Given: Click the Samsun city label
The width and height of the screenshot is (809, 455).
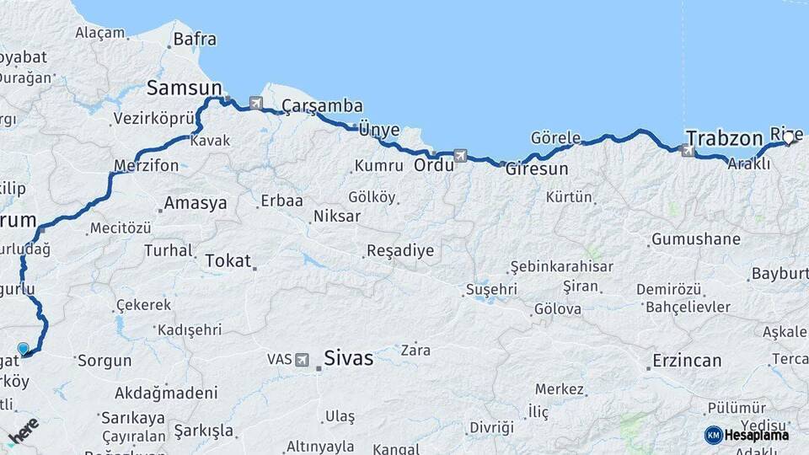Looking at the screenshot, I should click(184, 88).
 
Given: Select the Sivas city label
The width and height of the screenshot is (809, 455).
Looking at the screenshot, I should click(349, 358).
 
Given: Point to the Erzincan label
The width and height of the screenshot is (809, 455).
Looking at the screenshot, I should click(687, 361).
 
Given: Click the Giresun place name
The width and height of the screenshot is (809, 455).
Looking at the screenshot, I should click(537, 169).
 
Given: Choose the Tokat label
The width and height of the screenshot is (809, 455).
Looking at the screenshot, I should click(228, 260).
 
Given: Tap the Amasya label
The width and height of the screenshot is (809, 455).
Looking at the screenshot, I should click(196, 203).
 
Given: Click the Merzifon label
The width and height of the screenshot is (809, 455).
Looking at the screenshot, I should click(147, 165).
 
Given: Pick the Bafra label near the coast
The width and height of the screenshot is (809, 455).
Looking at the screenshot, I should click(195, 39).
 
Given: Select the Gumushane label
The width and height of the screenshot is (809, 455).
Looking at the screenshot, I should click(695, 239).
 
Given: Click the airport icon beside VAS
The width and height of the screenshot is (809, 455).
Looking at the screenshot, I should click(302, 359).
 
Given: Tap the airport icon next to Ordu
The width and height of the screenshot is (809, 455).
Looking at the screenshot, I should click(460, 155).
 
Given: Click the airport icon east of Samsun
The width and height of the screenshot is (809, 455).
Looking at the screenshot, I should click(256, 104).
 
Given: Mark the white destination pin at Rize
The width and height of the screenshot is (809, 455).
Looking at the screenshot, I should click(789, 138).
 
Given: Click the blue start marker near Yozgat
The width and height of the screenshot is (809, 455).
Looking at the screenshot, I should click(23, 348).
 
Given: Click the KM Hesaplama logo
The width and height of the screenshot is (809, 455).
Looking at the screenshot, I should click(747, 435).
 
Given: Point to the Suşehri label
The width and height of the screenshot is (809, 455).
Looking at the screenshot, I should click(490, 289).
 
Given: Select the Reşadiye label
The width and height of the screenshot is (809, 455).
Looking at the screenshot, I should click(399, 250).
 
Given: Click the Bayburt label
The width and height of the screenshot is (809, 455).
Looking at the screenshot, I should click(779, 274).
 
